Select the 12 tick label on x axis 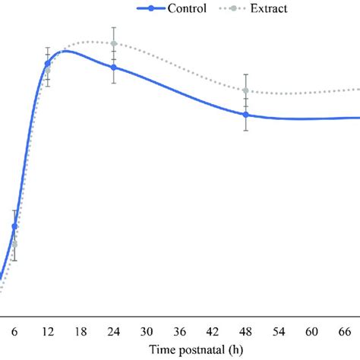point(47,332)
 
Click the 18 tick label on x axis point(81,332)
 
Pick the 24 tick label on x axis point(113,332)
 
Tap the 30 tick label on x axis point(147,332)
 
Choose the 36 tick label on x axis point(179,332)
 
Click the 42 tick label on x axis point(213,332)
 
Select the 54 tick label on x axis point(279,332)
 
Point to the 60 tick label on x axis point(311,332)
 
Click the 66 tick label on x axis point(345,332)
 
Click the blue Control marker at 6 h point(14,226)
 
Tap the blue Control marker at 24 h point(113,68)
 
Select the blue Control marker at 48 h point(245,115)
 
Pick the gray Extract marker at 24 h point(113,43)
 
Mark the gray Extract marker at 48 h point(245,90)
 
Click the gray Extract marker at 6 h point(14,244)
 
